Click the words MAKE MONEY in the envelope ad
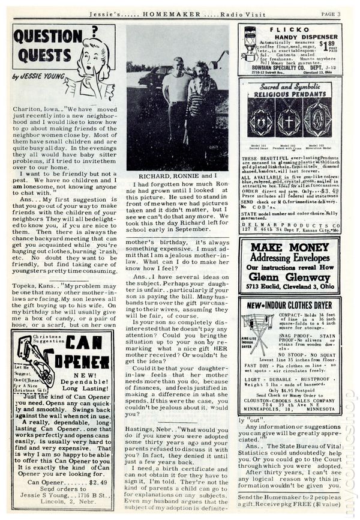[289, 247]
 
